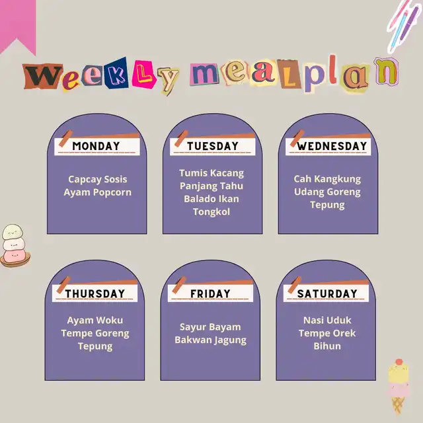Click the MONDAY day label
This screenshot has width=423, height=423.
96,146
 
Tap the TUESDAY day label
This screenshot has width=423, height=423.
213,146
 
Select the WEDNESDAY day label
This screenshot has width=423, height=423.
332,146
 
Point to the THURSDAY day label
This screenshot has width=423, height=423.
95,293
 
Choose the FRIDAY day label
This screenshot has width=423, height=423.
210,293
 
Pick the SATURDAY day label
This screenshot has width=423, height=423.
327,293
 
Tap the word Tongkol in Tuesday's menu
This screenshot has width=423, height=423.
211,212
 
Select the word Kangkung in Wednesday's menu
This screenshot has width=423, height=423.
338,179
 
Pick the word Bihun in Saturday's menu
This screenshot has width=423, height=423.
327,346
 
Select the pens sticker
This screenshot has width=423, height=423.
404,26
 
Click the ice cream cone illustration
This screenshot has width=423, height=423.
398,386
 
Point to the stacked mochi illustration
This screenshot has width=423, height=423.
15,245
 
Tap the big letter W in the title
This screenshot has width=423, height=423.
43,76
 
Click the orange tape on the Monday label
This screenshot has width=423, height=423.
65,138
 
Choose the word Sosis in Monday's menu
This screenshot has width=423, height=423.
116,179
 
